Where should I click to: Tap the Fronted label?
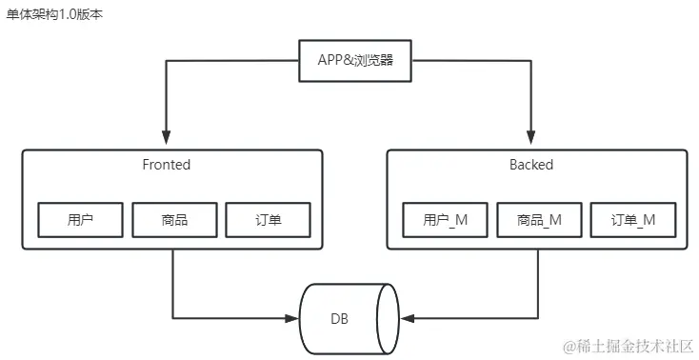(166, 165)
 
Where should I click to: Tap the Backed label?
(530, 165)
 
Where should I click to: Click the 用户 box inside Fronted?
(81, 220)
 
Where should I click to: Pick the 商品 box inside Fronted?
(173, 220)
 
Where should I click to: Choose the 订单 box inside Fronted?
(268, 220)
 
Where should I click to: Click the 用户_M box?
(445, 220)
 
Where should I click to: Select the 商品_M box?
(538, 220)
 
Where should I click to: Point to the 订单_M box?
(632, 220)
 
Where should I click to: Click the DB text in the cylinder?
(339, 318)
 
